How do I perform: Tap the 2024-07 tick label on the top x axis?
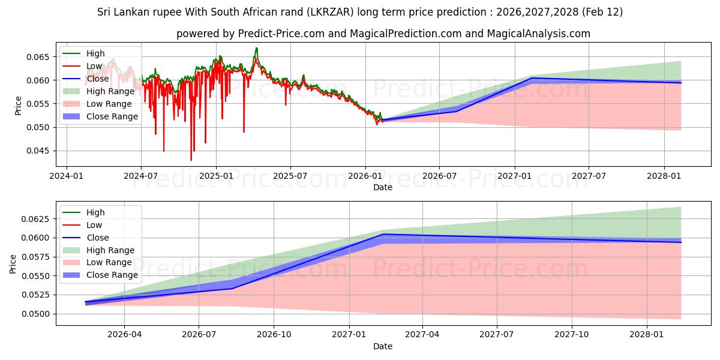140,176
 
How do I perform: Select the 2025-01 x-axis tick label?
215,176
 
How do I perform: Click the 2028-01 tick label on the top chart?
664,176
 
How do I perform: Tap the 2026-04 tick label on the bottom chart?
124,334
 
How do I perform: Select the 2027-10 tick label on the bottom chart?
572,334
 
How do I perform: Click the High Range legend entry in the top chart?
110,91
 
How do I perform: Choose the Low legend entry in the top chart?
94,66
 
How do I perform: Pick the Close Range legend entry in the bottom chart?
112,275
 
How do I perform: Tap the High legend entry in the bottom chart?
95,212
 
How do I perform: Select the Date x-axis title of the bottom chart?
383,346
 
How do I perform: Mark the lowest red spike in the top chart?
191,160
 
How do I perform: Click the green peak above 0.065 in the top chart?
256,48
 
